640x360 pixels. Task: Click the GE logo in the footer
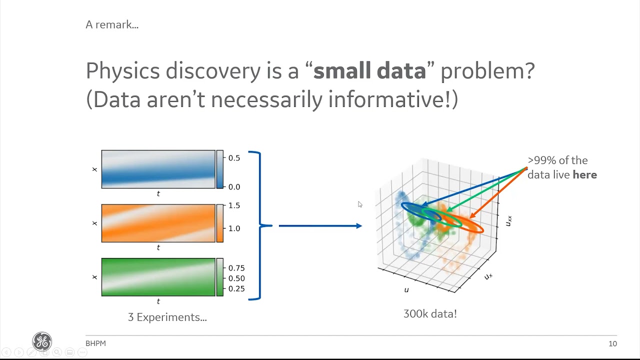pyautogui.click(x=42, y=341)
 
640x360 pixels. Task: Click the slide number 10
pyautogui.click(x=612, y=343)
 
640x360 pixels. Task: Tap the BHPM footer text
pyautogui.click(x=95, y=343)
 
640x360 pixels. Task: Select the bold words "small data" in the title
pyautogui.click(x=369, y=70)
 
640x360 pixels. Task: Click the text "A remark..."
pyautogui.click(x=112, y=24)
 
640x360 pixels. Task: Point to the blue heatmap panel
pyautogui.click(x=158, y=169)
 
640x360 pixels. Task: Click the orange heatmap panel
pyautogui.click(x=158, y=223)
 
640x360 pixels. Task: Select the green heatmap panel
pyautogui.click(x=158, y=277)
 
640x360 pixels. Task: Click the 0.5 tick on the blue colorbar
pyautogui.click(x=234, y=158)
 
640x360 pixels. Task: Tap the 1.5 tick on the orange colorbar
pyautogui.click(x=234, y=205)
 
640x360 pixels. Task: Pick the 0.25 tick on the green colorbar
pyautogui.click(x=236, y=288)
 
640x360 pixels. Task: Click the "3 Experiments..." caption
pyautogui.click(x=167, y=317)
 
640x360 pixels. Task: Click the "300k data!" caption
pyautogui.click(x=430, y=314)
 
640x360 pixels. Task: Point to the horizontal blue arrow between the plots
pyautogui.click(x=320, y=226)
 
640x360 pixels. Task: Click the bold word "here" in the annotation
pyautogui.click(x=584, y=174)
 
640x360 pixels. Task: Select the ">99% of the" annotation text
pyautogui.click(x=557, y=160)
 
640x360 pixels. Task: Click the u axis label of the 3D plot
pyautogui.click(x=406, y=290)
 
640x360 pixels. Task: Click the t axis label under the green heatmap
pyautogui.click(x=158, y=301)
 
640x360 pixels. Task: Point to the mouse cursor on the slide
pyautogui.click(x=360, y=204)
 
